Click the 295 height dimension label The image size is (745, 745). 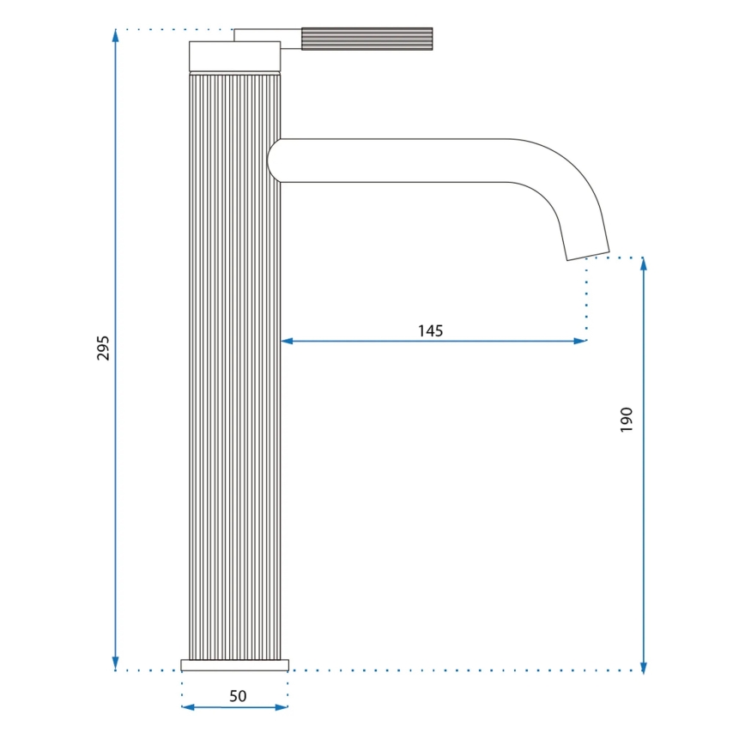point(103,348)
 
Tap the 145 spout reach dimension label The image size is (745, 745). point(430,330)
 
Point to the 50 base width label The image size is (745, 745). point(238,696)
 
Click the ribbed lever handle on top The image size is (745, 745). point(366,39)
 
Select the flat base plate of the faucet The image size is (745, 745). point(234,665)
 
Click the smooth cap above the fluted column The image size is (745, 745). point(234,56)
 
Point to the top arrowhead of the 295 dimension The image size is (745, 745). point(116,35)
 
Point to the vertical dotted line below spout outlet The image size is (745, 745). point(586,296)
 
